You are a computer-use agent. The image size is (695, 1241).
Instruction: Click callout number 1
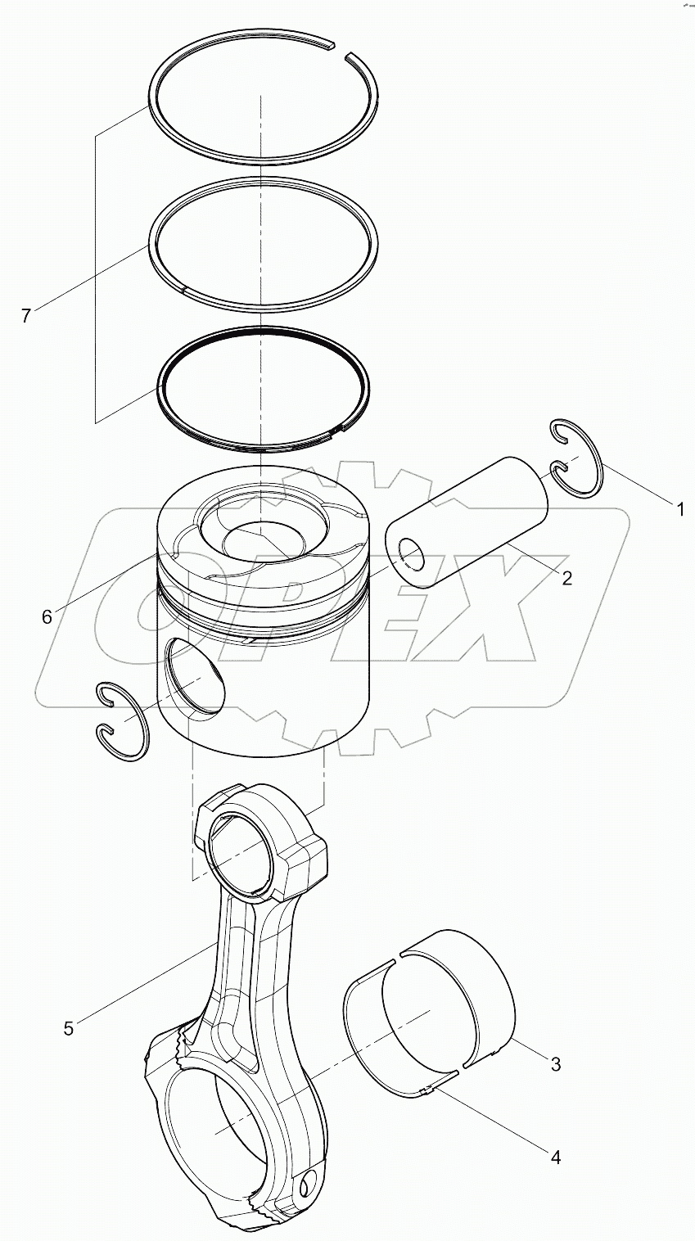(x=678, y=509)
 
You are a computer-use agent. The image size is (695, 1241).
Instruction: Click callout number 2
(x=566, y=578)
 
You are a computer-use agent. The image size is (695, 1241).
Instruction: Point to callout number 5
(x=69, y=1028)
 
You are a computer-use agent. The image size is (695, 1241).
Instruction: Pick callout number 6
(x=47, y=616)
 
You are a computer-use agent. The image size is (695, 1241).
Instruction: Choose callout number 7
(x=26, y=315)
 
